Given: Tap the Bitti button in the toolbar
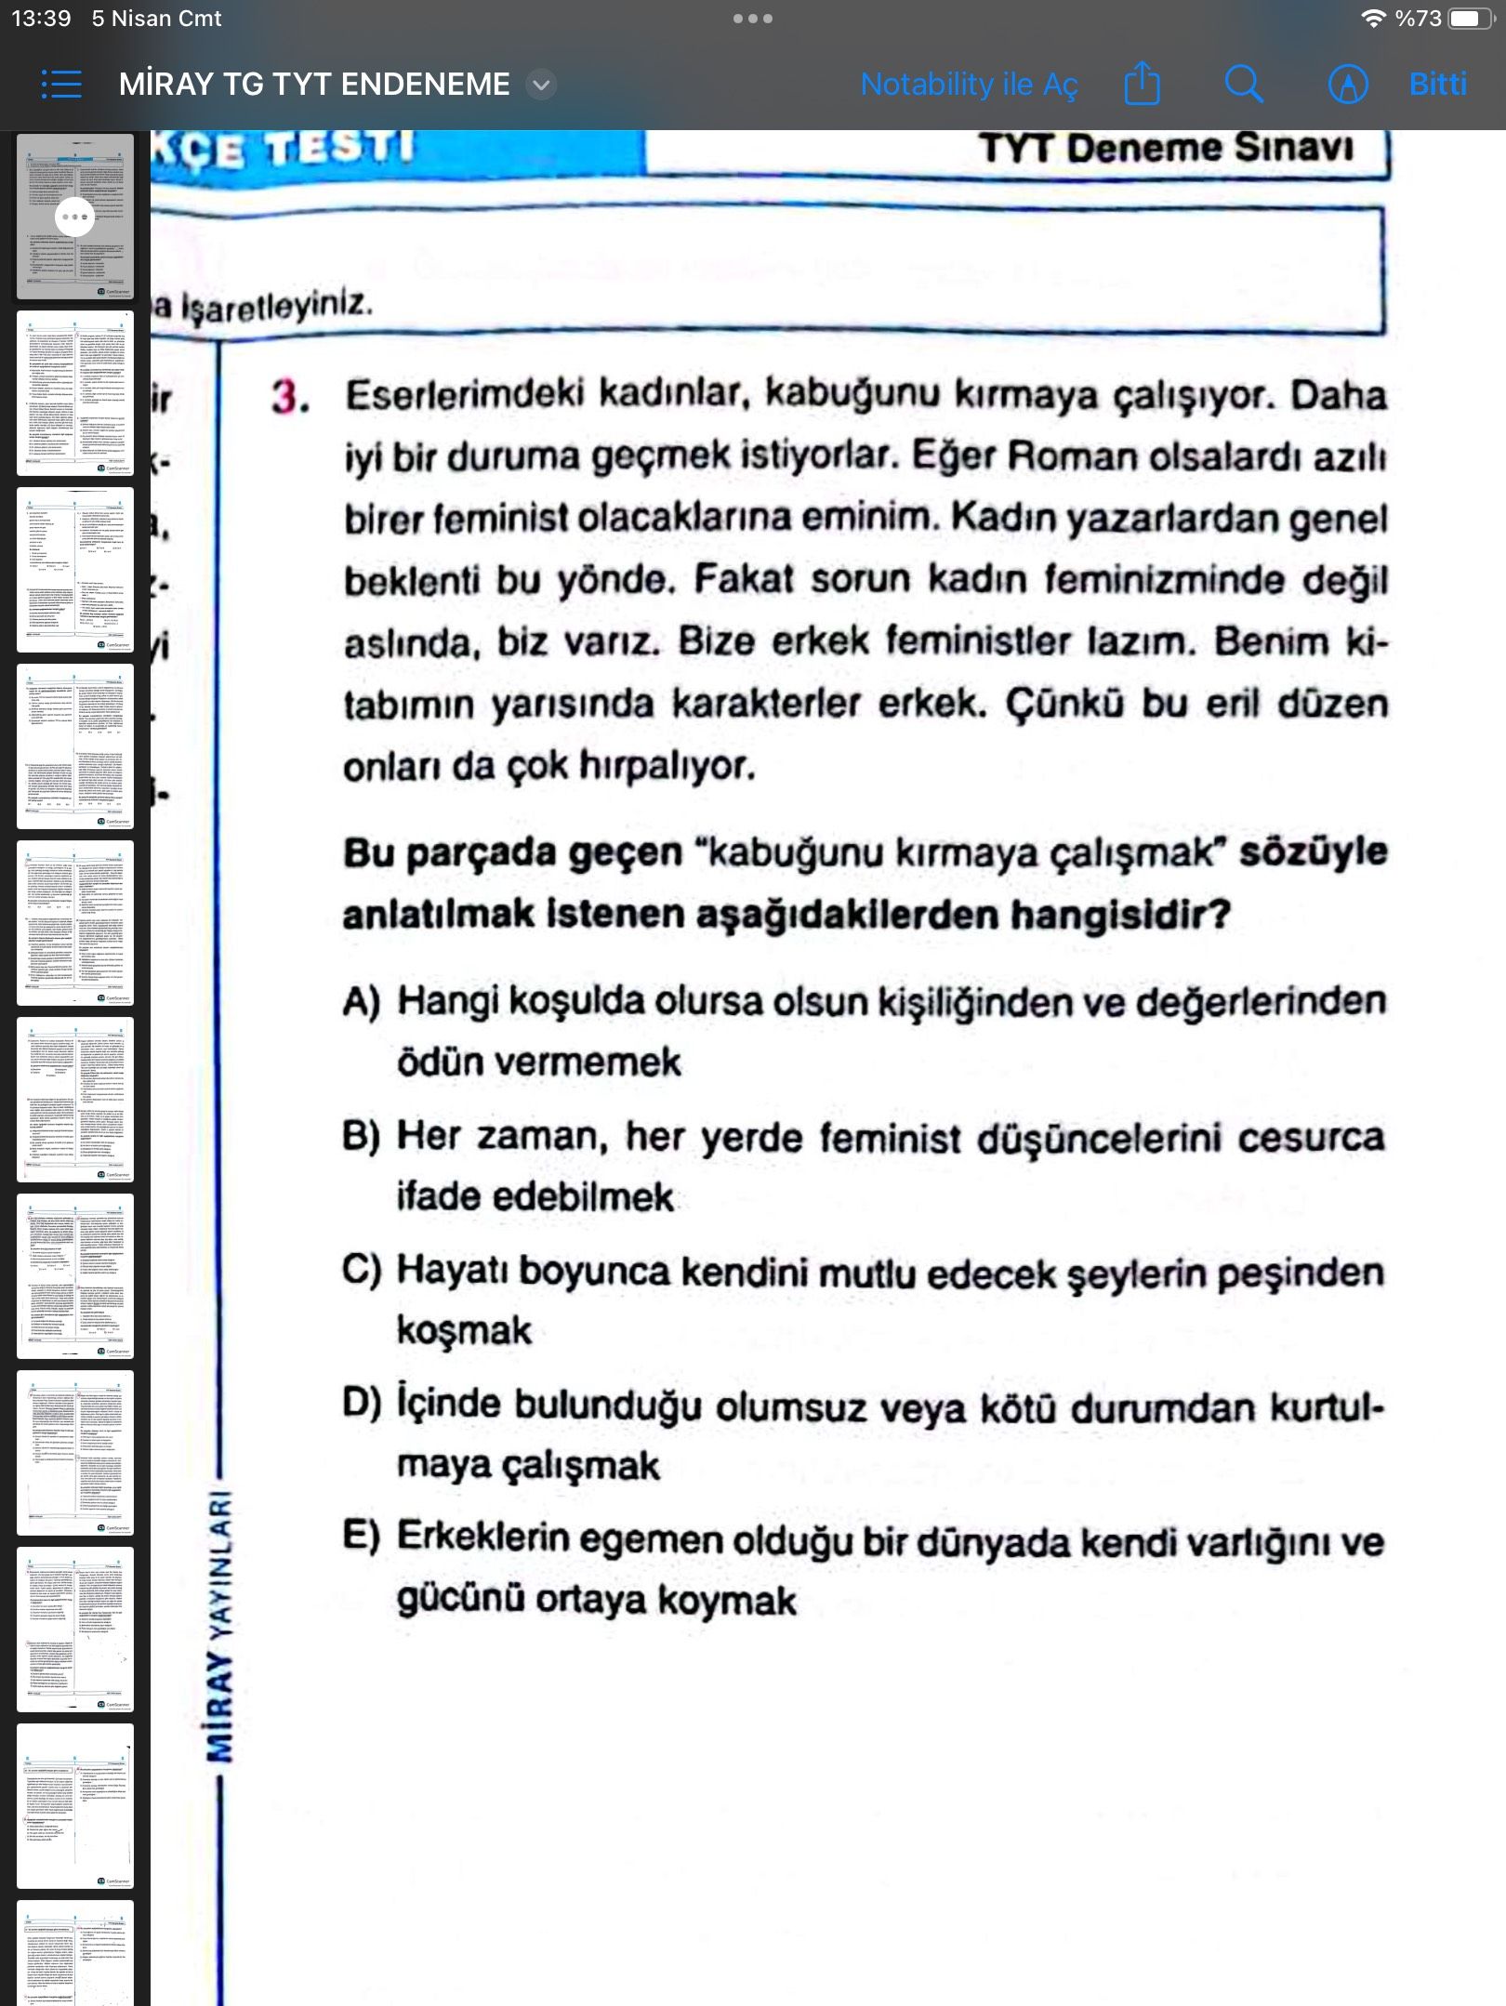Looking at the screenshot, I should click(1437, 85).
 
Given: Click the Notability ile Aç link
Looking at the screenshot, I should click(969, 85).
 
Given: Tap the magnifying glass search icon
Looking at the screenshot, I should click(1243, 85).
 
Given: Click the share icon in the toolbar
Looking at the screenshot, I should click(1142, 85).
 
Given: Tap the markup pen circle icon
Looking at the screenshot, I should click(1347, 85).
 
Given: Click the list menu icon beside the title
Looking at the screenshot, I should click(61, 85).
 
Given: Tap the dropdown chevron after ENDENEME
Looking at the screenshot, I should click(541, 86).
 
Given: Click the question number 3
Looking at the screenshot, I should click(289, 398).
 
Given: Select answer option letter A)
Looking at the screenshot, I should click(361, 1002).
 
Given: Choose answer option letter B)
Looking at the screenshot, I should click(361, 1137).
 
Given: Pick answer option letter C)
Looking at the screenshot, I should click(361, 1271).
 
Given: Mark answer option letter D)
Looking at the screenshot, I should click(361, 1405).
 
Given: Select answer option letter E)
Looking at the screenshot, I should click(361, 1537).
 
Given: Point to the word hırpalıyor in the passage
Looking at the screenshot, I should click(667, 766).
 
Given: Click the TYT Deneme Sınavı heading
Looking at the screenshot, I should click(1166, 149).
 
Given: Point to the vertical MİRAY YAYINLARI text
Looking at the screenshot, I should click(221, 1628).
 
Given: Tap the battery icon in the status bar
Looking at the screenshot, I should click(1469, 19).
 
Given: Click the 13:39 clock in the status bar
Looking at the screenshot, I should click(41, 19).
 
